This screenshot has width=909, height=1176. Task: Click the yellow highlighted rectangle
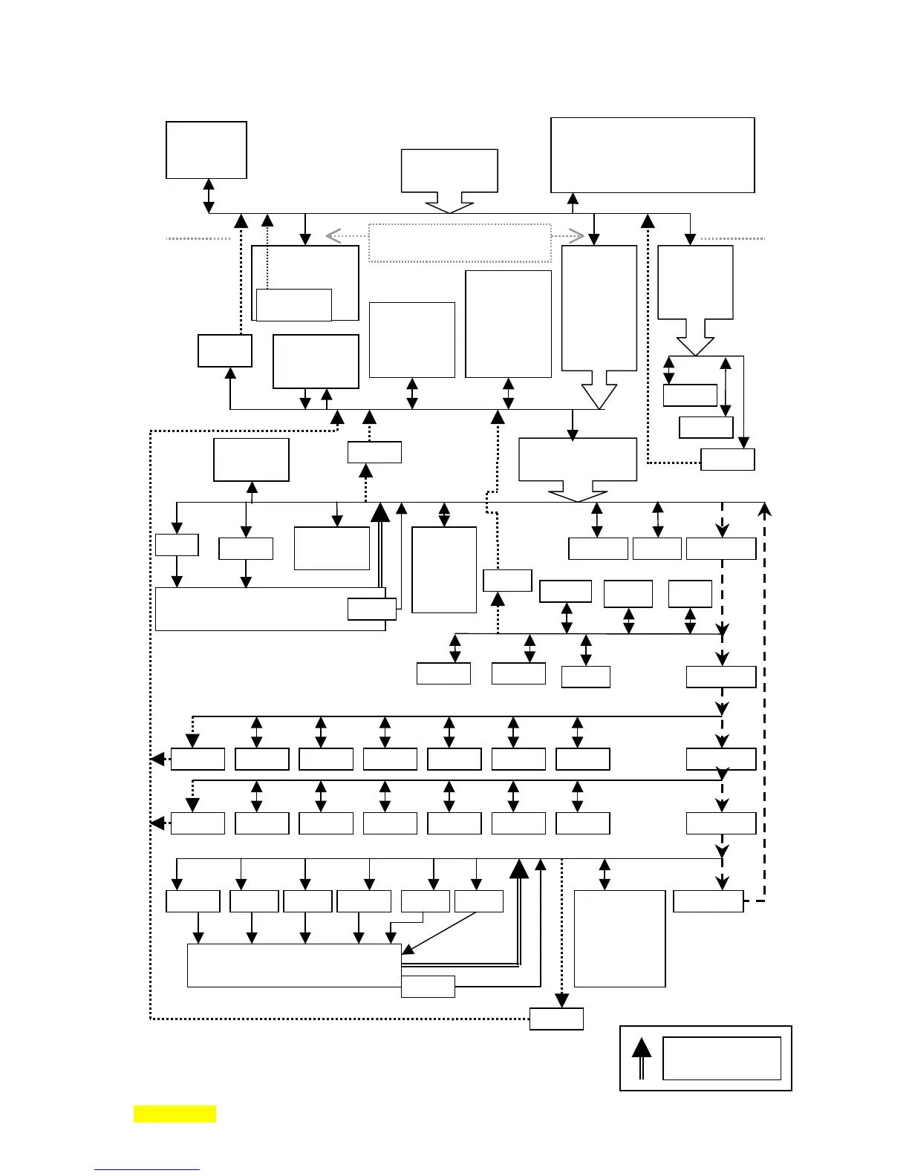click(175, 1114)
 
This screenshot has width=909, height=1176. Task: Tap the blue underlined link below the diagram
click(147, 1169)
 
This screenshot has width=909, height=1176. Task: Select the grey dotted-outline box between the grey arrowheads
click(460, 243)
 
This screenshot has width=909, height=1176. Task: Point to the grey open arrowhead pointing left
click(333, 236)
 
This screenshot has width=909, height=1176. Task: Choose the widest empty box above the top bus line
click(652, 154)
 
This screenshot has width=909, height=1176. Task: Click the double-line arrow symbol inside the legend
click(642, 1058)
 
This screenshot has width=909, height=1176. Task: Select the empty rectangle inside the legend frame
click(721, 1058)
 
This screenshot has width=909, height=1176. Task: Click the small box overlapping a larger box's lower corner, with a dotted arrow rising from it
click(293, 304)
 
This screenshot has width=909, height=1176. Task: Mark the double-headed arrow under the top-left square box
click(209, 196)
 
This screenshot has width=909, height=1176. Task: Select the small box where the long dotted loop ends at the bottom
click(556, 1019)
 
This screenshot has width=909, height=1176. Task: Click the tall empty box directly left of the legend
click(619, 938)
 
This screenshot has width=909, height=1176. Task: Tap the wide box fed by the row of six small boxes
click(294, 965)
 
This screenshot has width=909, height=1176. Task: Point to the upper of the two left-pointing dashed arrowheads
click(157, 759)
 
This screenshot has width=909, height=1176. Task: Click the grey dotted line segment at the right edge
click(732, 239)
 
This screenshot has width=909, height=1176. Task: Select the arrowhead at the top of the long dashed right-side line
click(764, 509)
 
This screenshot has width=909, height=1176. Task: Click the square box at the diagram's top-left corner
click(206, 150)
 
